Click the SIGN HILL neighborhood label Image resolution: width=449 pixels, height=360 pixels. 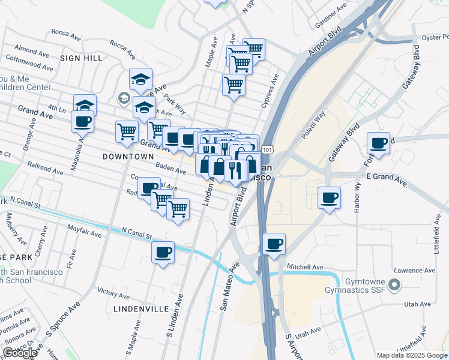[81, 58]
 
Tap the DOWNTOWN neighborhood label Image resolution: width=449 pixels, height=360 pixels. [128, 157]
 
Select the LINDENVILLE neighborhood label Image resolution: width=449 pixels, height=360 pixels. [141, 308]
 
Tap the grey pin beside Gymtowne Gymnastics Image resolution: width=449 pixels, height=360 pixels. [394, 284]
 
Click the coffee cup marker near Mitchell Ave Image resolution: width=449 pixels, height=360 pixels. [274, 244]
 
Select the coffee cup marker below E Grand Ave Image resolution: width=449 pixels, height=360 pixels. [328, 197]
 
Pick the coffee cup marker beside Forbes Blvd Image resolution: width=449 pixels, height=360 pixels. [378, 143]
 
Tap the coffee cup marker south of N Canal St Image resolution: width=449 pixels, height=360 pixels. [163, 252]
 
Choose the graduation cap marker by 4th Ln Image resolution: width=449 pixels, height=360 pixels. [85, 105]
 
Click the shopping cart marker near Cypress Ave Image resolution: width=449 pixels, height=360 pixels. [234, 85]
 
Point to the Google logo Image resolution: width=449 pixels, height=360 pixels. [20, 353]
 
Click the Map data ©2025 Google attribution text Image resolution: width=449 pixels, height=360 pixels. [411, 355]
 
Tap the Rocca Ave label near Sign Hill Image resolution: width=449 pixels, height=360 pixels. [66, 32]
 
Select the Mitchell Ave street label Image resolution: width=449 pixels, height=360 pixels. [306, 266]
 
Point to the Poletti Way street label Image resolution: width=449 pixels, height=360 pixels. [313, 125]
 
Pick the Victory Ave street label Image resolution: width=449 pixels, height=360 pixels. [113, 292]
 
